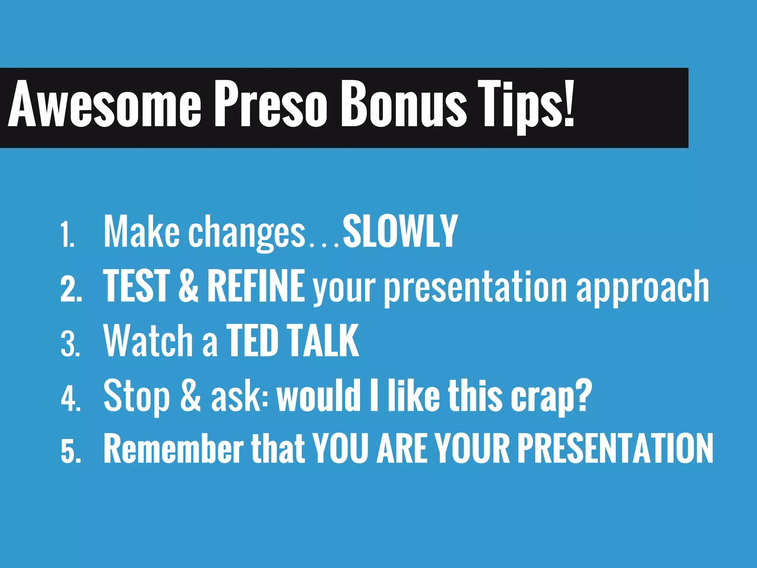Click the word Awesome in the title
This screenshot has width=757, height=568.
pos(105,105)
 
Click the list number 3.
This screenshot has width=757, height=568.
pos(70,344)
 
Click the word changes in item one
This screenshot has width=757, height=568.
pos(247,233)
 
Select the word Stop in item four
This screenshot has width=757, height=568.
pos(137,396)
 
